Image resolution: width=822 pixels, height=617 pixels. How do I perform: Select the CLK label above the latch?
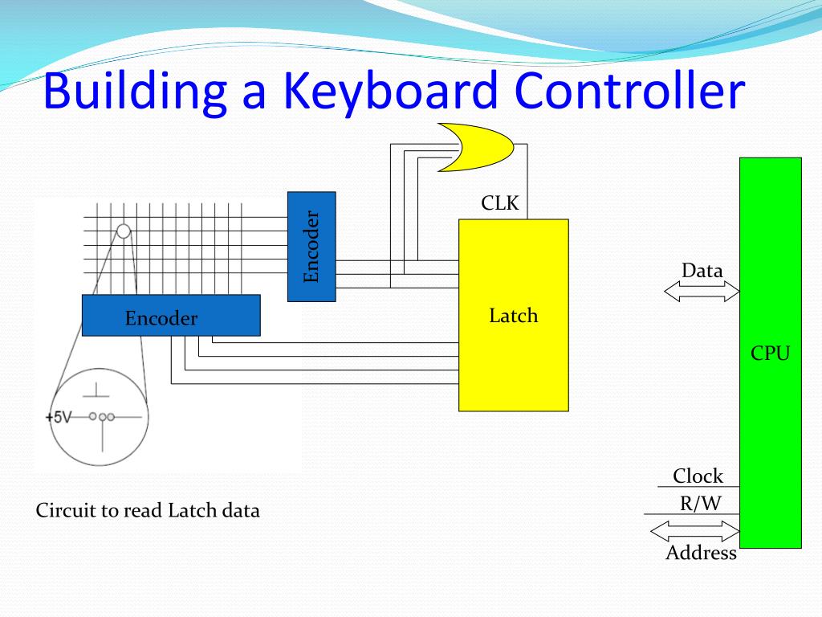click(x=500, y=204)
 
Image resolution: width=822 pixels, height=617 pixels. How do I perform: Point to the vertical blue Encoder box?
click(x=311, y=247)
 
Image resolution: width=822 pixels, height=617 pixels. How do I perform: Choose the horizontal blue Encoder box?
click(x=171, y=315)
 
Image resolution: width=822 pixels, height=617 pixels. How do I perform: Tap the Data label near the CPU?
click(x=702, y=271)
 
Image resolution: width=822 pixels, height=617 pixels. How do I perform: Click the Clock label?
click(x=698, y=476)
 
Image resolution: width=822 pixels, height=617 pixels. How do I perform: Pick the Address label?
click(x=701, y=553)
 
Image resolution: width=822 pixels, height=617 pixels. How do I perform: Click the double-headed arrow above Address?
click(x=694, y=530)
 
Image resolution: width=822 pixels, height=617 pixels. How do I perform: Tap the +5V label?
click(x=59, y=418)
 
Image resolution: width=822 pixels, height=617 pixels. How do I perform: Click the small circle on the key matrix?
click(x=124, y=231)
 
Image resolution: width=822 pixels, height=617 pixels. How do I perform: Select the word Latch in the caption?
click(x=189, y=511)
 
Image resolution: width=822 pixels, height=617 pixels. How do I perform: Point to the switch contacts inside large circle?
click(x=102, y=416)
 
